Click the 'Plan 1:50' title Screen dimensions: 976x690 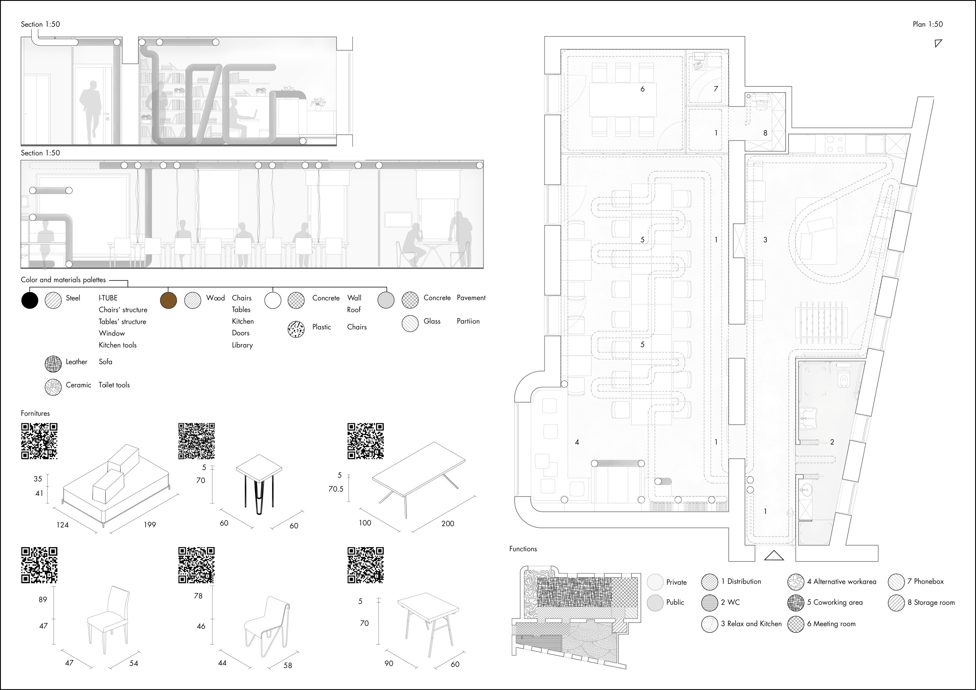coord(928,24)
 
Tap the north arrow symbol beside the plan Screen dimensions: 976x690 coord(938,43)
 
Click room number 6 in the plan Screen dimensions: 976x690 coord(642,89)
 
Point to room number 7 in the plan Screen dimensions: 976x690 coord(716,89)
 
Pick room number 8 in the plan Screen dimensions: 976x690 coord(765,133)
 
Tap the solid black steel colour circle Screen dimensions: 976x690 coord(30,301)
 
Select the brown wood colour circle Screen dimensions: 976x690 coord(168,301)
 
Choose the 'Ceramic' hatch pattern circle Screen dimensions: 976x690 coord(53,387)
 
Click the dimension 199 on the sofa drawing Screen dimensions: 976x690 coord(150,525)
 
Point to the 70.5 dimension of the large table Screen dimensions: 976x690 coord(336,489)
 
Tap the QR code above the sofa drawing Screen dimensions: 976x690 coord(39,441)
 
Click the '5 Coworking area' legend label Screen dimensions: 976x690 coord(835,602)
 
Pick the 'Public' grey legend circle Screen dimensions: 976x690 coord(655,603)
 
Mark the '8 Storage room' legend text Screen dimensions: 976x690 coord(931,603)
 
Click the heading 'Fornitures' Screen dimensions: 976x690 coord(35,413)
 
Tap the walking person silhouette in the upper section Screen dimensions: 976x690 coord(91,111)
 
